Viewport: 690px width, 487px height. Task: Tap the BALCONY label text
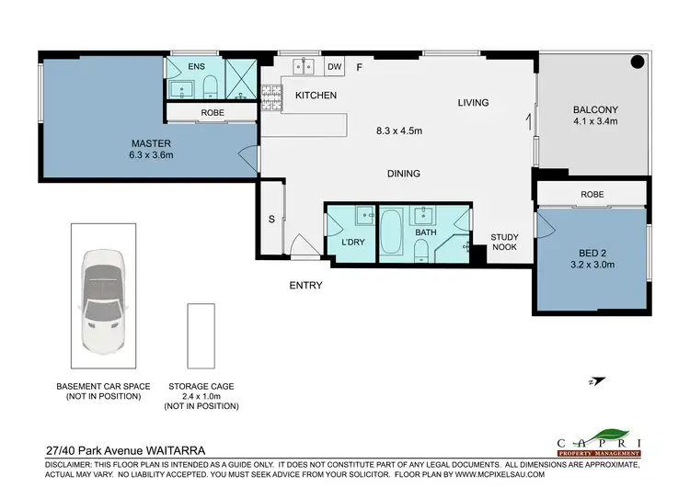[x=593, y=107]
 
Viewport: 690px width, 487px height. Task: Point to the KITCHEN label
[x=316, y=96]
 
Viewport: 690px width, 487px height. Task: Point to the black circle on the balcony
[x=637, y=63]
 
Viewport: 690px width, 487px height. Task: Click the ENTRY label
[x=305, y=286]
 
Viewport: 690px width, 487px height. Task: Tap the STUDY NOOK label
[x=504, y=243]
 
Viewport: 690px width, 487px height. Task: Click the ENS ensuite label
[x=196, y=67]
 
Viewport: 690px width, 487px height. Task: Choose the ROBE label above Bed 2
[x=592, y=194]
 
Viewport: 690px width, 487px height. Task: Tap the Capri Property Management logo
[x=599, y=444]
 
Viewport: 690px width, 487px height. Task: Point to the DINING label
[x=403, y=173]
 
